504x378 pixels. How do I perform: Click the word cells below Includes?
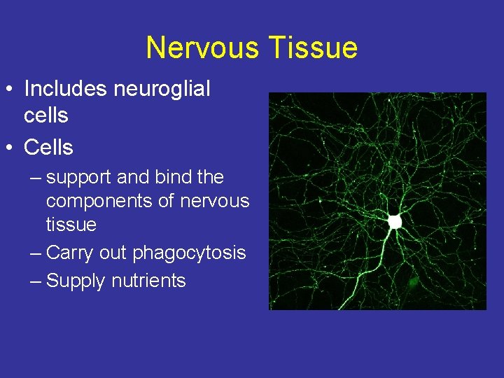[46, 115]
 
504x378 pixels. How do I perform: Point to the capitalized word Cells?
[49, 148]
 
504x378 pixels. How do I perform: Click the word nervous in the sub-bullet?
[214, 201]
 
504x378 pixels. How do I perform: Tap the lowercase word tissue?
[71, 225]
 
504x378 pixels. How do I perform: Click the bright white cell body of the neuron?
[395, 221]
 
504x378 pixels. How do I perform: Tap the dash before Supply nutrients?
[36, 281]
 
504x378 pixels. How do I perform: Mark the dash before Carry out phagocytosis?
[36, 253]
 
